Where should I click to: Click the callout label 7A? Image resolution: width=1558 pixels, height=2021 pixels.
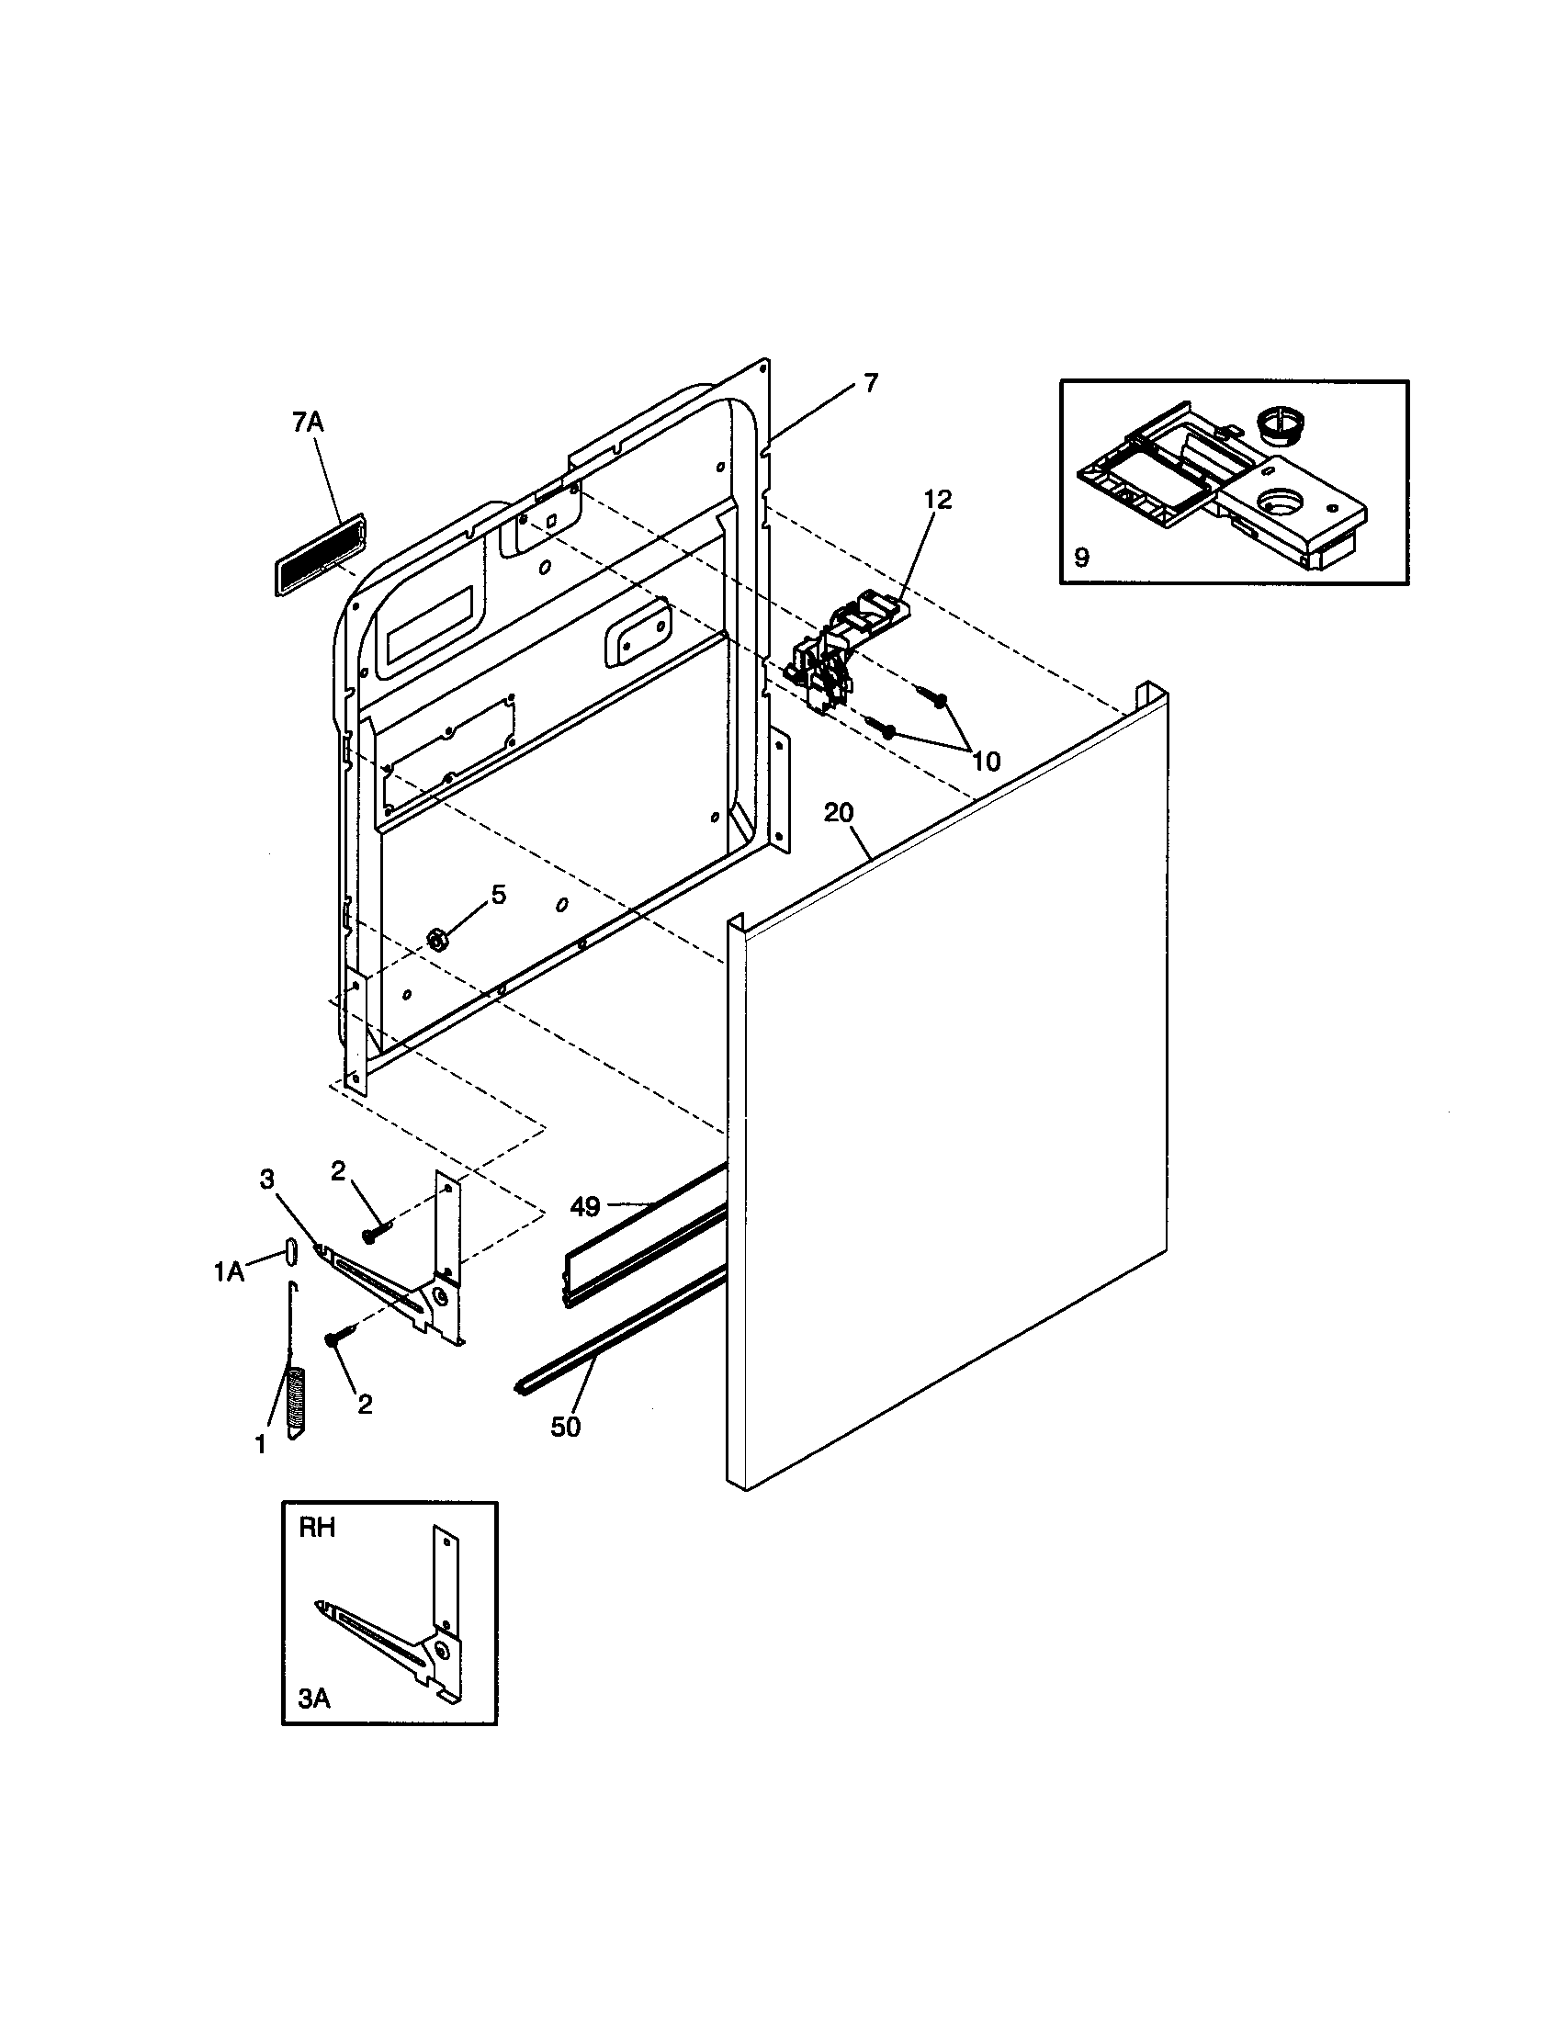(308, 423)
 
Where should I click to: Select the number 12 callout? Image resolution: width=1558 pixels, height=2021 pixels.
(937, 500)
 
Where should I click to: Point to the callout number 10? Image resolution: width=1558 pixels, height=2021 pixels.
(987, 762)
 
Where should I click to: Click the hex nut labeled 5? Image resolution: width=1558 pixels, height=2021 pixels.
(433, 940)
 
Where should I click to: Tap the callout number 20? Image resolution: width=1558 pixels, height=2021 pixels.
(838, 812)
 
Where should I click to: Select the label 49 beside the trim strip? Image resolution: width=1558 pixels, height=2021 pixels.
(585, 1207)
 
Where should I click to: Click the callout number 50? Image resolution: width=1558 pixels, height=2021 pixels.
(566, 1427)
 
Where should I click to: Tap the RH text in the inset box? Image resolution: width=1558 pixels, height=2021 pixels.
(316, 1528)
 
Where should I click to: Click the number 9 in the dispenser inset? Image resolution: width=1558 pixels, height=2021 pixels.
(1081, 557)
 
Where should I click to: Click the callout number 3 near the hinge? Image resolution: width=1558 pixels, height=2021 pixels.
(266, 1179)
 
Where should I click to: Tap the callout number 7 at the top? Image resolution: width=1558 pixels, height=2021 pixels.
(871, 382)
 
